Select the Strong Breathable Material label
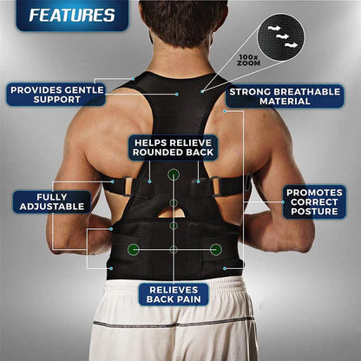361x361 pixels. click(281, 95)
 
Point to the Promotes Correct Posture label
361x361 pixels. click(314, 201)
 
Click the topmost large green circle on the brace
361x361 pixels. click(174, 175)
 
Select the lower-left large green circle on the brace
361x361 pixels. click(133, 249)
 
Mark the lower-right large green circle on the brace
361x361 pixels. click(214, 249)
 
